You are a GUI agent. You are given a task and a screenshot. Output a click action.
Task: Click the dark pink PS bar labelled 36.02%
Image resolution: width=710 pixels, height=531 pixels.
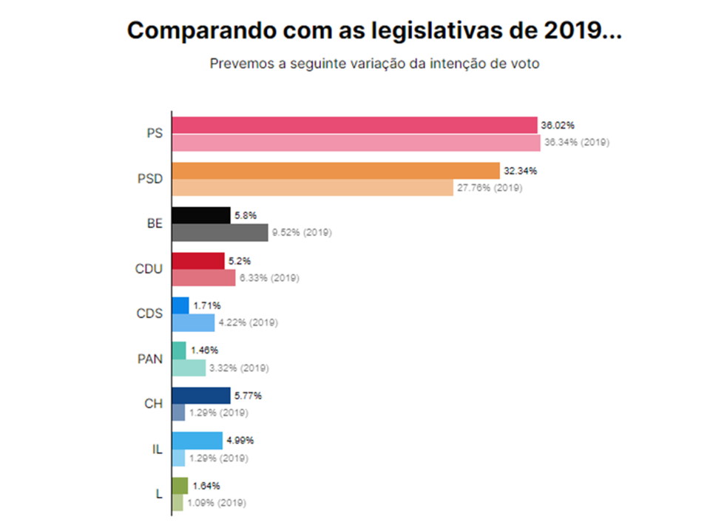tap(354, 125)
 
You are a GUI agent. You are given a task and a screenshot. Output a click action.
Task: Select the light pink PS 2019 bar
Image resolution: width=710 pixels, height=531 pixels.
tap(356, 142)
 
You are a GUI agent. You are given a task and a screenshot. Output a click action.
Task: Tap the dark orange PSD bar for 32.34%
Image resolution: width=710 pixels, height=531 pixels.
tap(336, 171)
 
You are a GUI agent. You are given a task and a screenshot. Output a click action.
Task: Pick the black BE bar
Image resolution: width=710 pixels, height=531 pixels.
tap(200, 215)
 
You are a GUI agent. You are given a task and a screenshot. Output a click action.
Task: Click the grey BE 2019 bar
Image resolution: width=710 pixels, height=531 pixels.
tap(220, 232)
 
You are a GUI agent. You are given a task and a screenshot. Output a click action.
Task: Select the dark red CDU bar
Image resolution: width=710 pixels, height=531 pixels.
tap(197, 260)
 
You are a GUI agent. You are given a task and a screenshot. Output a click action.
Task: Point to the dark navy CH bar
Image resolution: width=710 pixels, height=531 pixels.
tap(200, 396)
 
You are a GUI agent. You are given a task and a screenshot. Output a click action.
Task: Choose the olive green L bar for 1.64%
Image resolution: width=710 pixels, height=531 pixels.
tap(180, 486)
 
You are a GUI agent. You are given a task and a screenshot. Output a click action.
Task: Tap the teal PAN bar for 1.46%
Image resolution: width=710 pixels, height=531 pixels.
tap(179, 351)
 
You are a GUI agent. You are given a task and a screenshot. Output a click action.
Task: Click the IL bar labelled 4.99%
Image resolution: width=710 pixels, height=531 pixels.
tap(197, 441)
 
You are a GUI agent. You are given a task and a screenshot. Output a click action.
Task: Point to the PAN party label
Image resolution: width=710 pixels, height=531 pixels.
tap(149, 359)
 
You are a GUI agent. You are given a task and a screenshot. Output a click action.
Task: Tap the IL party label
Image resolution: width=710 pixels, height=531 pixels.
tap(156, 449)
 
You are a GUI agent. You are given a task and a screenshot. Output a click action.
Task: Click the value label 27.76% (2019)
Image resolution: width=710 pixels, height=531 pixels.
tap(489, 188)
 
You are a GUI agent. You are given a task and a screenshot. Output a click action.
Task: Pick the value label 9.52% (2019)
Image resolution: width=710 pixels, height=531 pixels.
tap(301, 233)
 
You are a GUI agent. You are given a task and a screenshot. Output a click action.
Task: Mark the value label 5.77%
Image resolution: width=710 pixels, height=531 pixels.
tap(248, 396)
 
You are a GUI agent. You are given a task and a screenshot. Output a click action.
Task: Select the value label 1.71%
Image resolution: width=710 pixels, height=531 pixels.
tap(206, 305)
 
